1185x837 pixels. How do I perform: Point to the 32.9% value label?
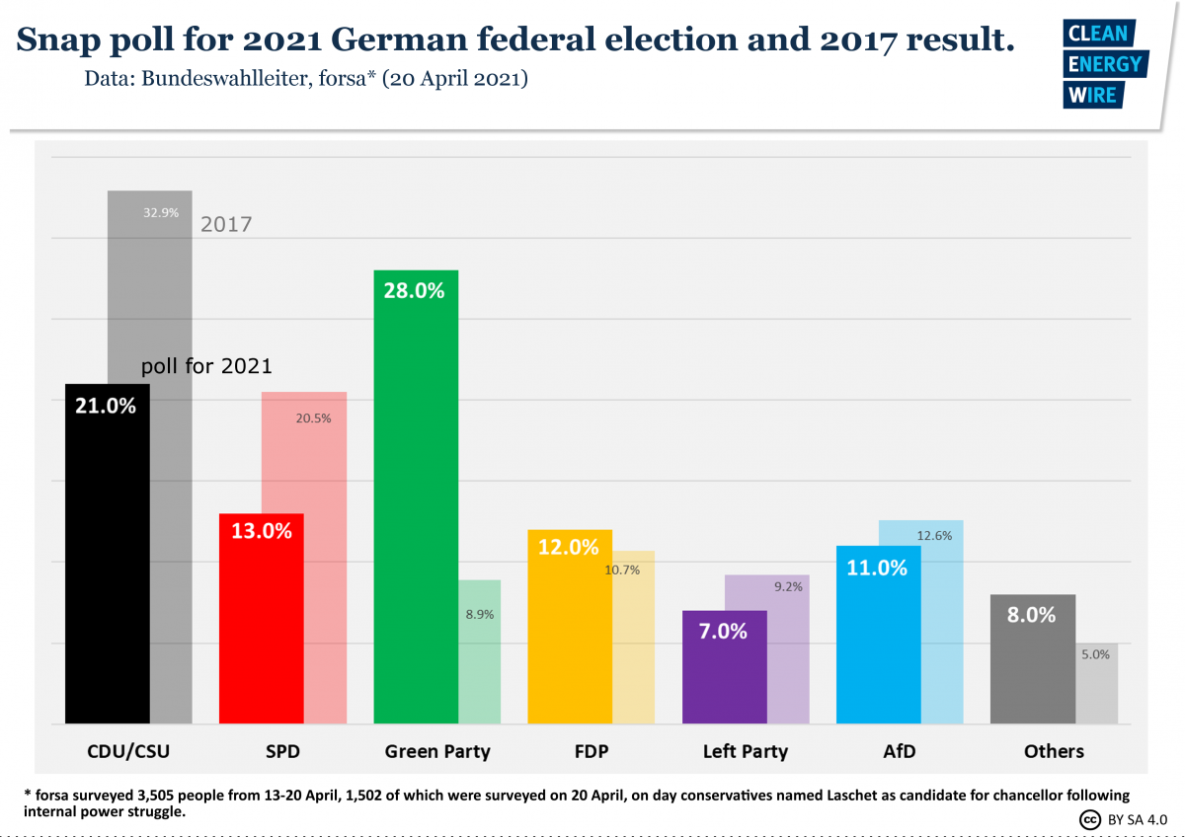tap(161, 212)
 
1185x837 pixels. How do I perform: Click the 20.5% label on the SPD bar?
tap(313, 418)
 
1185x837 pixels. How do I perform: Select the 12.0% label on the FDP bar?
tap(569, 546)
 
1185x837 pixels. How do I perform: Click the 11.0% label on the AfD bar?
tap(878, 568)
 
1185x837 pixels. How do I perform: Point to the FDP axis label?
tap(591, 751)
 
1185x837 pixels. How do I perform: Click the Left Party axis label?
tap(746, 751)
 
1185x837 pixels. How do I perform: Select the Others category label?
tap(1054, 751)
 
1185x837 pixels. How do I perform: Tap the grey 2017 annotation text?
tap(226, 224)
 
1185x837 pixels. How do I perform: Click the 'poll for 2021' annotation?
tap(206, 366)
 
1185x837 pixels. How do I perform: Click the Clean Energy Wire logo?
tap(1103, 64)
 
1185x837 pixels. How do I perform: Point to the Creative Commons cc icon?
tap(1090, 819)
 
